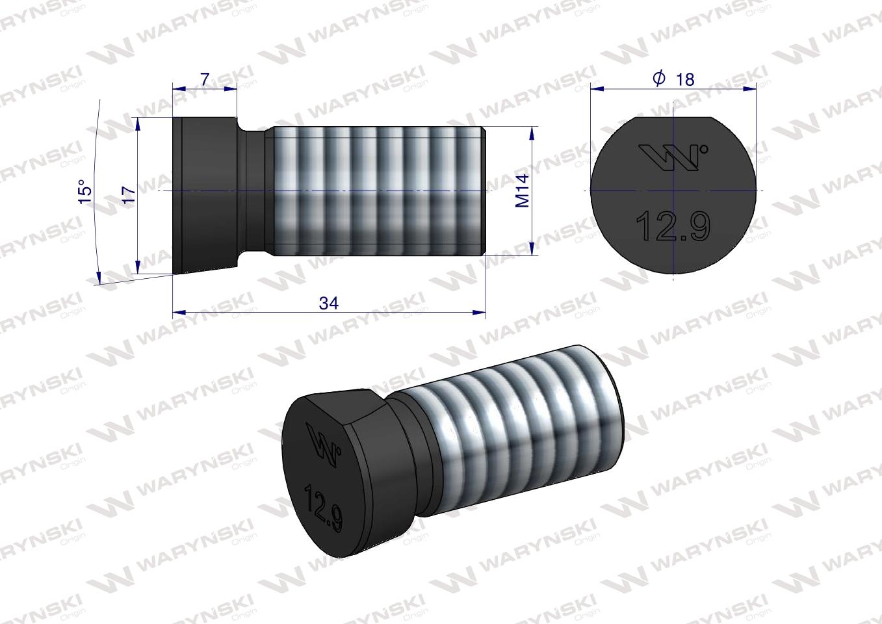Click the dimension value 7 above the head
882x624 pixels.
pyautogui.click(x=204, y=79)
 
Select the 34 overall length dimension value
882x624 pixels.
pyautogui.click(x=329, y=303)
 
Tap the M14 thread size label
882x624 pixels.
pyautogui.click(x=523, y=191)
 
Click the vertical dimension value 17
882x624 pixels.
pyautogui.click(x=129, y=194)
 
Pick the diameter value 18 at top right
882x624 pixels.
pyautogui.click(x=684, y=79)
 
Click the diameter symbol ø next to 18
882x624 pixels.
pyautogui.click(x=658, y=79)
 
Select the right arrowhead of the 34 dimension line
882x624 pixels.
pyautogui.click(x=480, y=313)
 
